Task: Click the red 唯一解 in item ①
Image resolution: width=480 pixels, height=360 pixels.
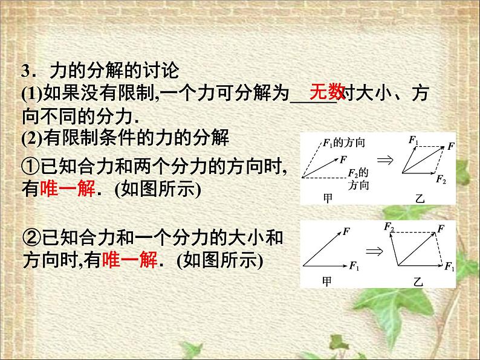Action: (x=66, y=189)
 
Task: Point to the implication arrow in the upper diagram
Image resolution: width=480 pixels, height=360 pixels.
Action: (x=384, y=161)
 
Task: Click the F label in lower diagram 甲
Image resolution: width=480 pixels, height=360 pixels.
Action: (x=346, y=230)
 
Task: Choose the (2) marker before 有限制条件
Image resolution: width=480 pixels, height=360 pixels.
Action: (x=30, y=140)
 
